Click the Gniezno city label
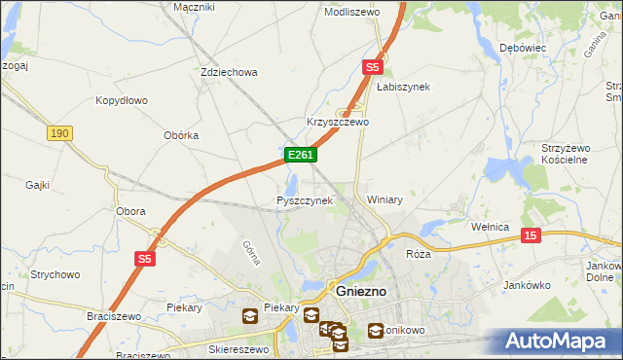362,291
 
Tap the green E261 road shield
300,155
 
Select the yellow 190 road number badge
58,132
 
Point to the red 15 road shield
531,234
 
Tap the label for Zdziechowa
228,72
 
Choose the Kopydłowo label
121,100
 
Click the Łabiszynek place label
403,87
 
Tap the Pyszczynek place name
305,200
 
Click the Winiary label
385,198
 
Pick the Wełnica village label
491,227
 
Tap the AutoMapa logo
556,341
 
